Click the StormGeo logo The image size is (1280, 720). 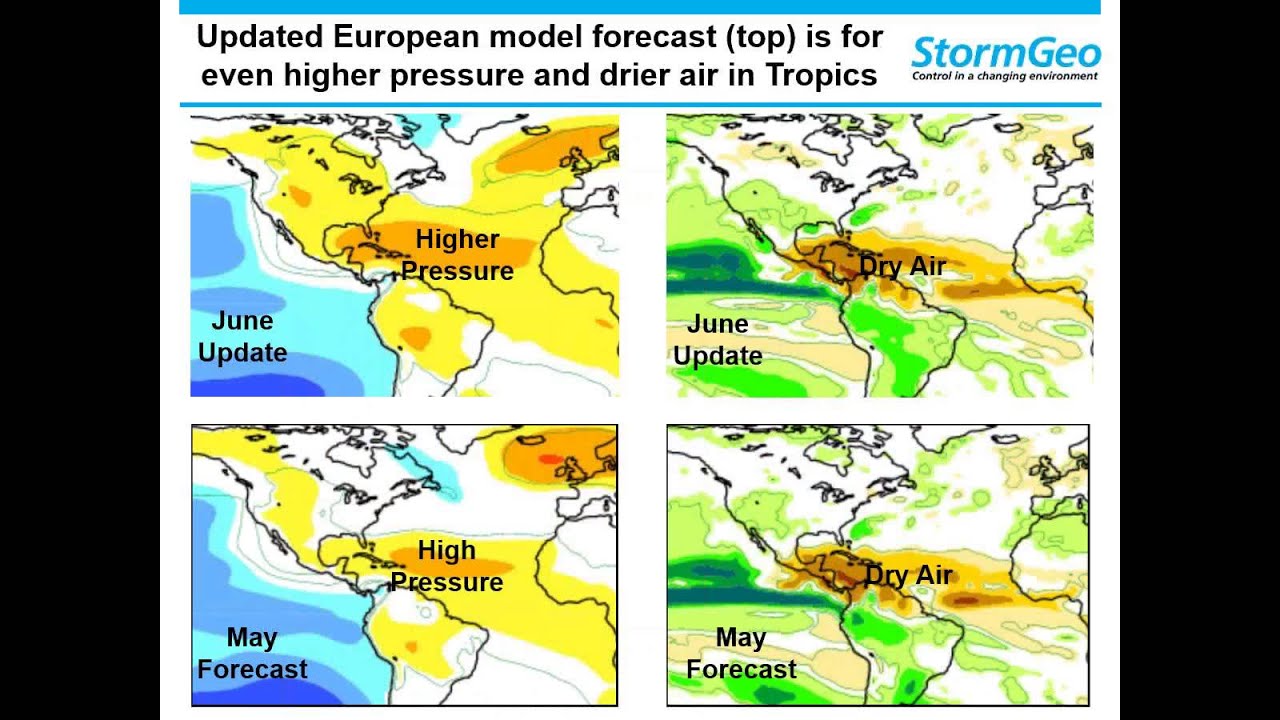click(x=1005, y=53)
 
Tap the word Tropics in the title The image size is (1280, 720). click(x=822, y=75)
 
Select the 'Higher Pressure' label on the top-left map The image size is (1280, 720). click(x=457, y=255)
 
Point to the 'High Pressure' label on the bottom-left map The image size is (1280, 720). click(x=446, y=566)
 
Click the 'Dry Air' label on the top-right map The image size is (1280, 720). click(x=902, y=267)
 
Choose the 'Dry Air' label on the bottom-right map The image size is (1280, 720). click(x=908, y=576)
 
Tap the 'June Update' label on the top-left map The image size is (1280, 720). click(x=243, y=337)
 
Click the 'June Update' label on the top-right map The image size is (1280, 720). click(x=718, y=340)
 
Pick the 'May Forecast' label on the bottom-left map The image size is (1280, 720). click(x=252, y=653)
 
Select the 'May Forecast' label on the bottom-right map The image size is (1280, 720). click(x=741, y=653)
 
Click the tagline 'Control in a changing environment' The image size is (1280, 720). click(x=1004, y=76)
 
